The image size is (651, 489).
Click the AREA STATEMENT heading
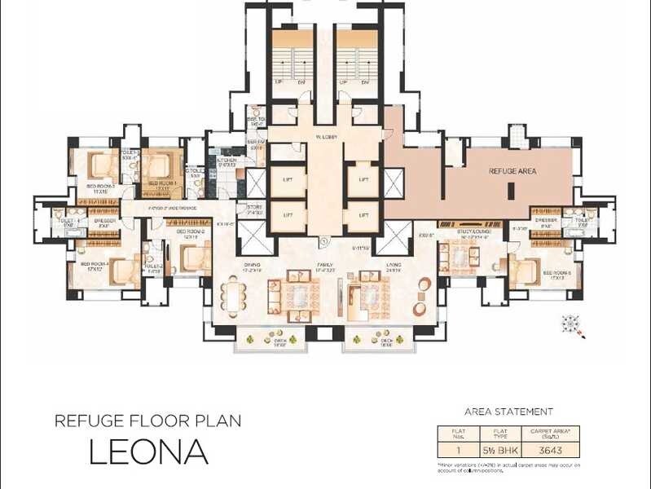508,412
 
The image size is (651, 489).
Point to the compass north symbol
574,325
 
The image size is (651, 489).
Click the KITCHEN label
226,161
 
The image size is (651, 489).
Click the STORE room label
254,207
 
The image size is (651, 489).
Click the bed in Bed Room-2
196,259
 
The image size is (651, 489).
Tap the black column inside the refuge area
510,191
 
